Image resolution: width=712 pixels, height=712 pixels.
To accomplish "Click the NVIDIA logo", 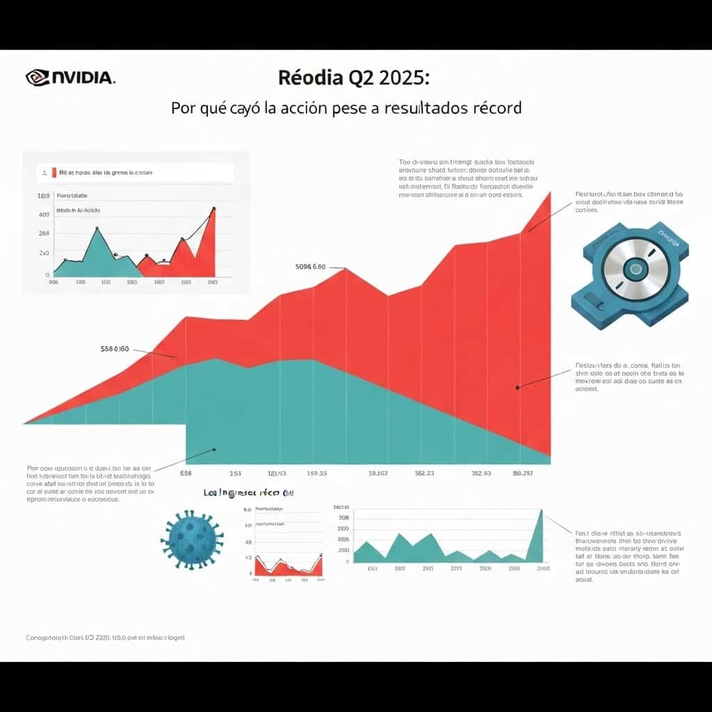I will pyautogui.click(x=70, y=76).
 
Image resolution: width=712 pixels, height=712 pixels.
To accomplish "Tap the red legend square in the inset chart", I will pyautogui.click(x=54, y=172).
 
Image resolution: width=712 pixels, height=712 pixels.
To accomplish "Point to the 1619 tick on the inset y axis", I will pyautogui.click(x=42, y=196).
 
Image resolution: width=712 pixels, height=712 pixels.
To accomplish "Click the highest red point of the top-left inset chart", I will pyautogui.click(x=213, y=209).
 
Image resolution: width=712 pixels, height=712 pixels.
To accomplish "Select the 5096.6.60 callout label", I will pyautogui.click(x=310, y=266).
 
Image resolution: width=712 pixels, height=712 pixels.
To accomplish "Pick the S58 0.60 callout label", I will pyautogui.click(x=115, y=349).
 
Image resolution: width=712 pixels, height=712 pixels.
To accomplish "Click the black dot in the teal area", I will pyautogui.click(x=214, y=449).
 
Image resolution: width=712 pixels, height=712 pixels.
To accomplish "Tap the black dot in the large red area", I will pyautogui.click(x=518, y=388).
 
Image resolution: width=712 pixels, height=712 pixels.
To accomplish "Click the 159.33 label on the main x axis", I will pyautogui.click(x=316, y=474).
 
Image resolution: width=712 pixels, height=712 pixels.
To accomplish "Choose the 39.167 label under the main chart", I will pyautogui.click(x=378, y=474).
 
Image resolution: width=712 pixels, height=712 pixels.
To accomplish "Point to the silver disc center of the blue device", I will pyautogui.click(x=635, y=269).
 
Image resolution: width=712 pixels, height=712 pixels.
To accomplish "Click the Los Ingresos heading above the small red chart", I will pyautogui.click(x=248, y=493).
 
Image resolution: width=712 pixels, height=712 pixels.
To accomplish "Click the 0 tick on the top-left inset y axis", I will pyautogui.click(x=47, y=275).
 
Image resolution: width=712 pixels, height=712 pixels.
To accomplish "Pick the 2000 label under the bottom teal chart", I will pyautogui.click(x=543, y=568).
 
